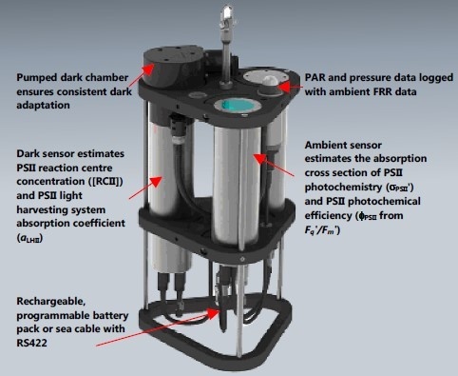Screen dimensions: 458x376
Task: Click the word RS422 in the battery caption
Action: coord(31,343)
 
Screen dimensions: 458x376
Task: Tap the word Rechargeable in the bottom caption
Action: coord(51,301)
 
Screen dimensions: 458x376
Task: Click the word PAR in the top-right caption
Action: coord(315,77)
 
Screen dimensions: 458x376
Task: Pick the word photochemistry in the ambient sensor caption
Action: coord(343,188)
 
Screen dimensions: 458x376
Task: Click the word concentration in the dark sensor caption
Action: coord(50,181)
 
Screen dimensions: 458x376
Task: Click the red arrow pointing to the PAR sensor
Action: coord(290,87)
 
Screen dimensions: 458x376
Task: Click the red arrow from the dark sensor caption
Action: coord(145,188)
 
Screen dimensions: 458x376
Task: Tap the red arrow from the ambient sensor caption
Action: coord(275,165)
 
